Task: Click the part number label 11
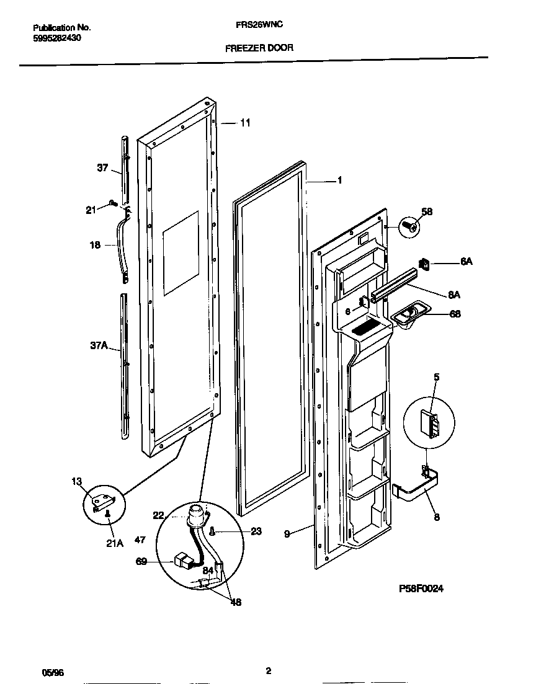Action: tap(245, 123)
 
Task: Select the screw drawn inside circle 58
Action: tap(409, 226)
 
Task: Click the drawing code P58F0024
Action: tap(421, 589)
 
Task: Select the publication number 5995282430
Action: tap(56, 38)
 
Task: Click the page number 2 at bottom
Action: tap(268, 670)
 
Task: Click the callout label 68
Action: tap(455, 314)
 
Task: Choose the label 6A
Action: tap(467, 262)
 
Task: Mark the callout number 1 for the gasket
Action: tap(339, 180)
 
